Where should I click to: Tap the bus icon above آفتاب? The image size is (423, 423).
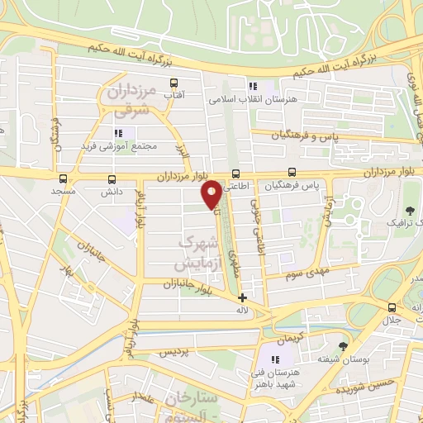coord(173,83)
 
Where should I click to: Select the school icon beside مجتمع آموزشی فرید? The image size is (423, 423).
coord(119,132)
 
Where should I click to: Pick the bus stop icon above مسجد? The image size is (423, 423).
coord(64,178)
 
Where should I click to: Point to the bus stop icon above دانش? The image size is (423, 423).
coord(112,178)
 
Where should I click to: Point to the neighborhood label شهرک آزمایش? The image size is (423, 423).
coord(199,252)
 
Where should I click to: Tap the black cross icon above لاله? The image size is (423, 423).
coord(242,297)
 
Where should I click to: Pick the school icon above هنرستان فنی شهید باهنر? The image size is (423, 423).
coord(277,359)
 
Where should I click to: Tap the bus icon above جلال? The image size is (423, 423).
coord(389,307)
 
